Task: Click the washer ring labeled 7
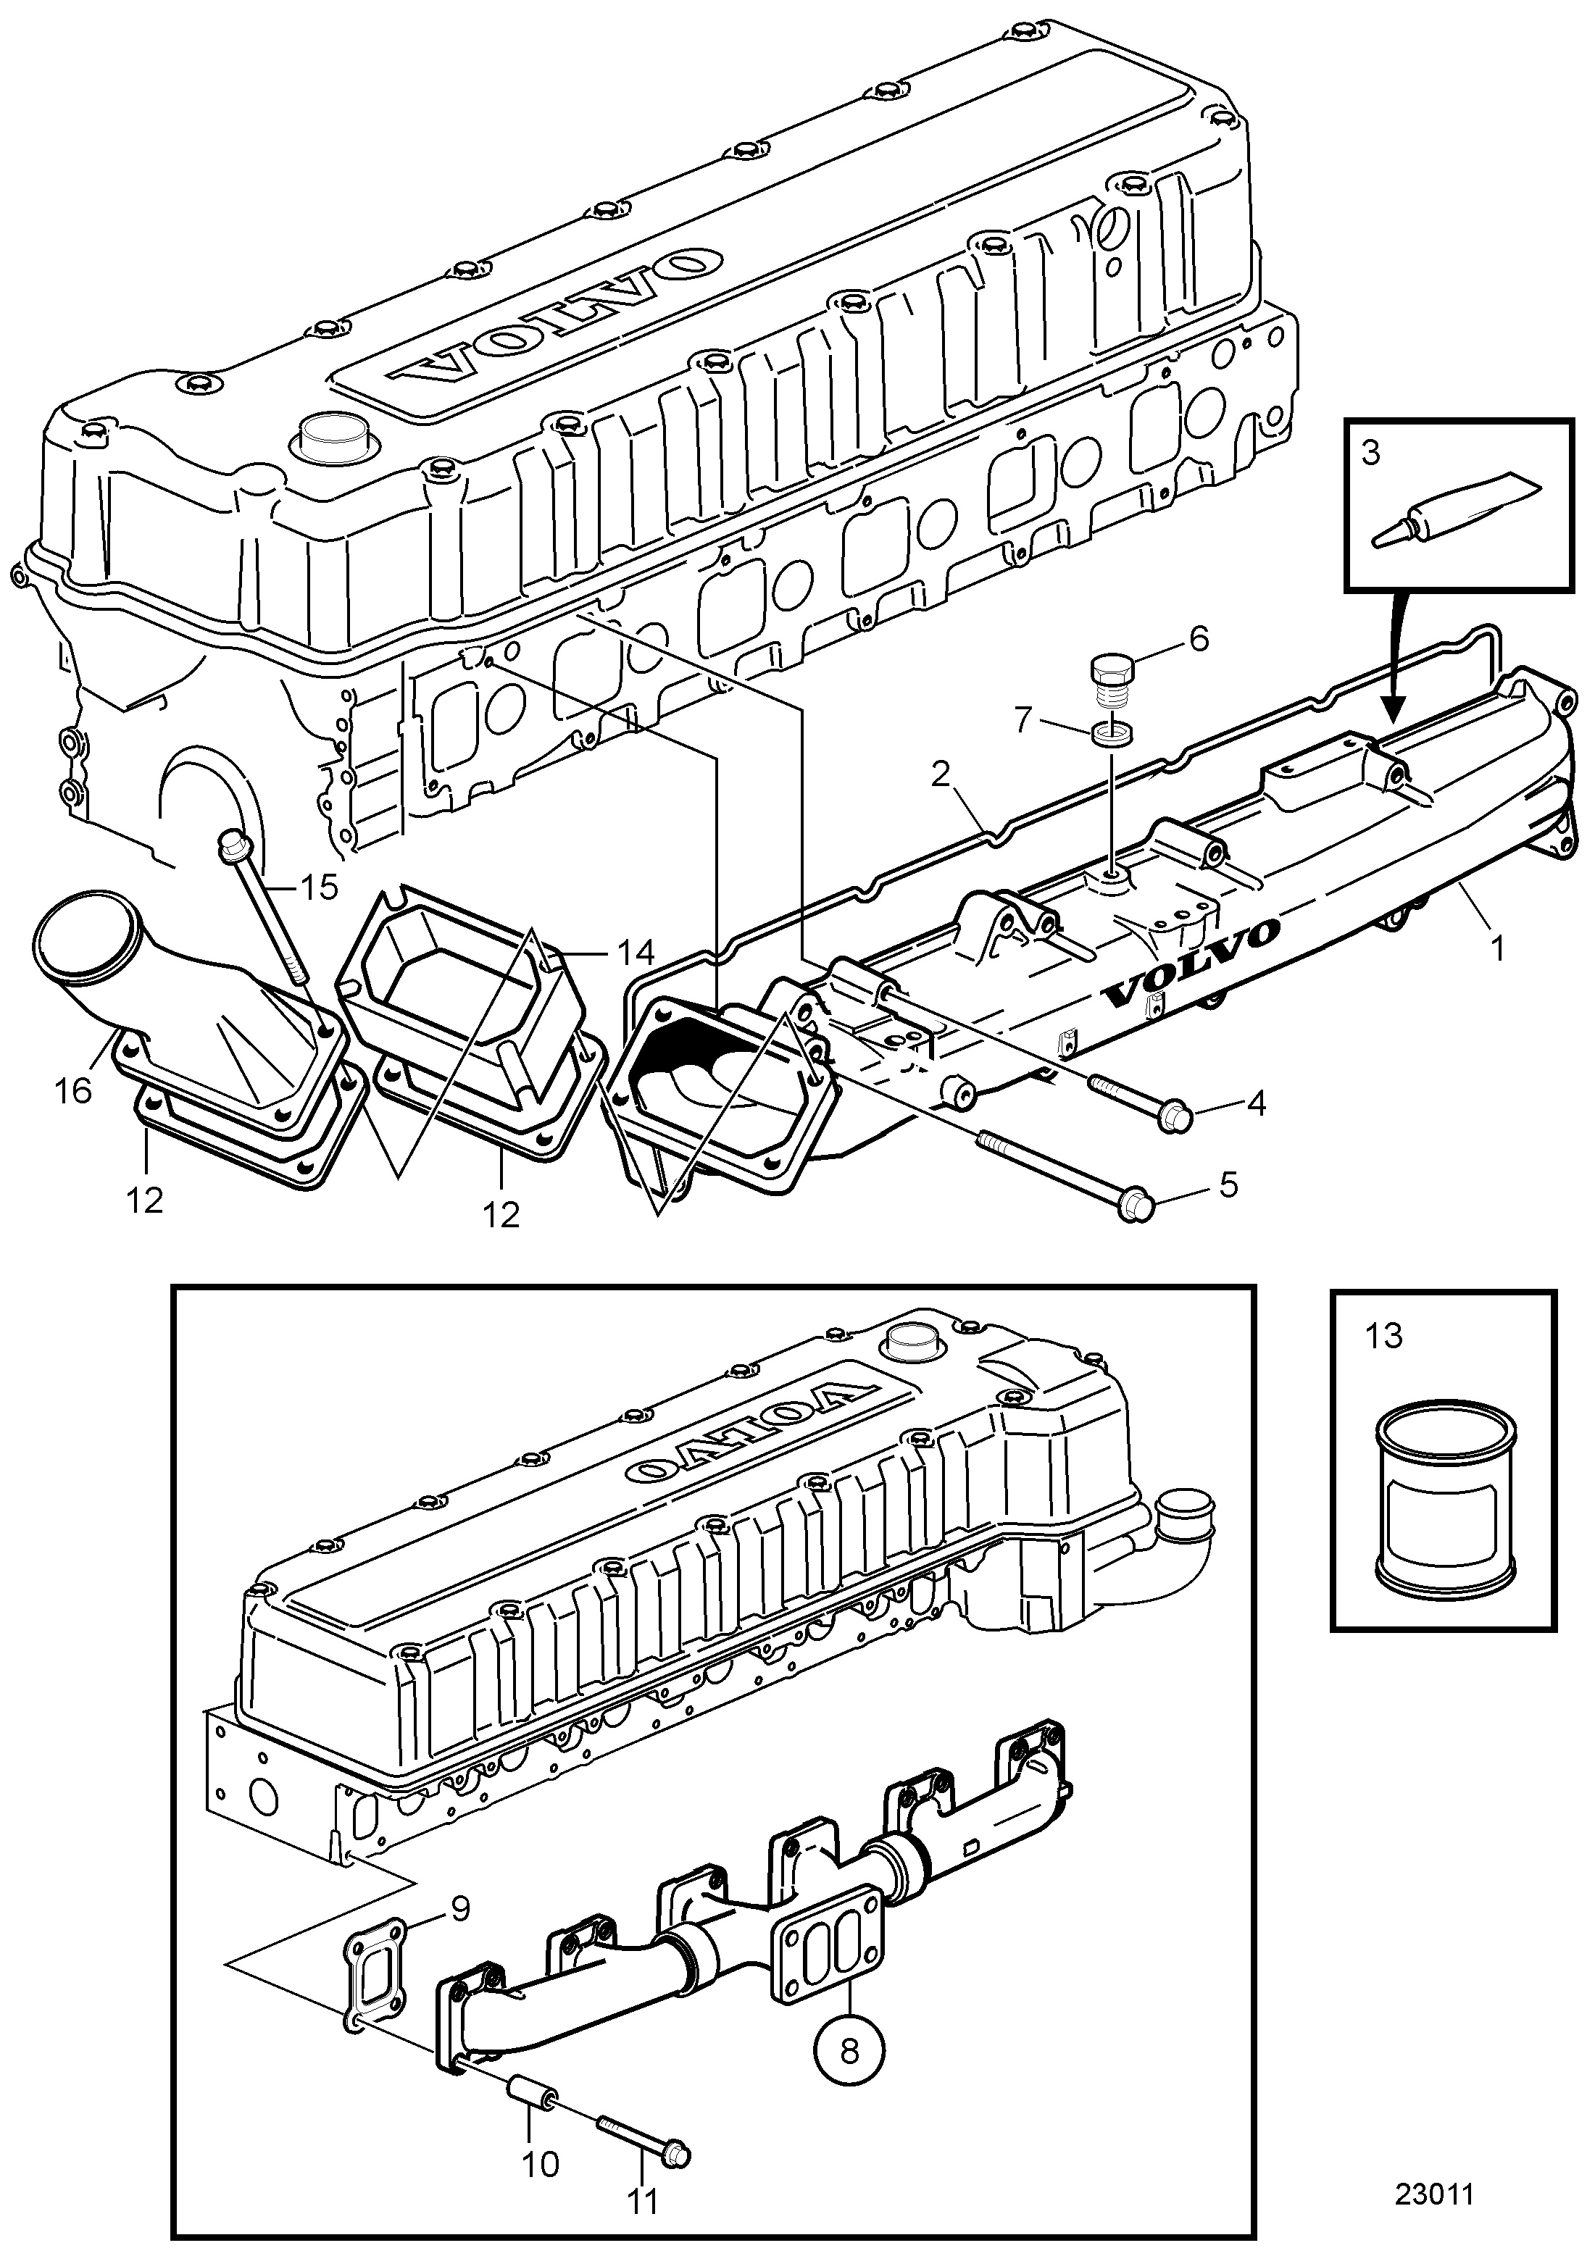[x=1109, y=734]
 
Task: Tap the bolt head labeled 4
[x=1176, y=1118]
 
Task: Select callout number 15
[x=318, y=887]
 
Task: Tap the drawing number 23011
[x=1435, y=2195]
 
